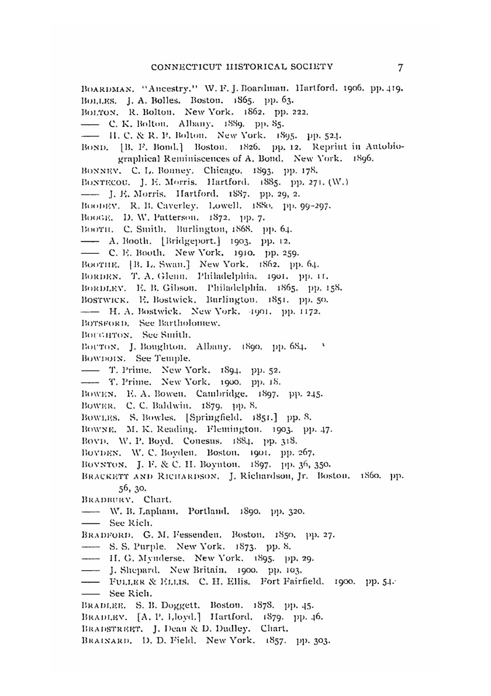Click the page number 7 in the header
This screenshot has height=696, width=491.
[x=400, y=67]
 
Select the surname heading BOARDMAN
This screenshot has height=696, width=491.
[x=100, y=89]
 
